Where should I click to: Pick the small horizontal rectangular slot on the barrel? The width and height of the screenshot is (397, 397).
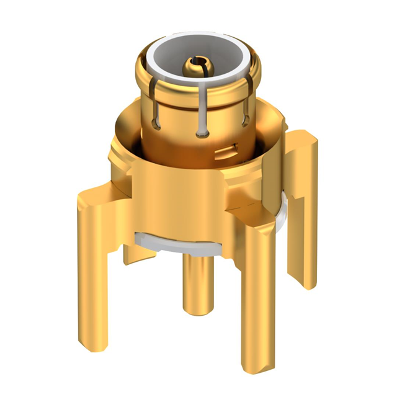[x=228, y=149]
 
